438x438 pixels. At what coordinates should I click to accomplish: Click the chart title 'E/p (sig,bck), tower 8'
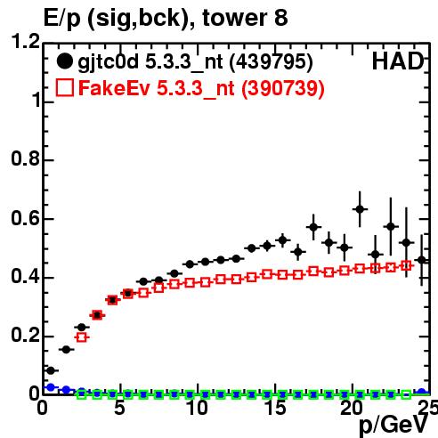click(166, 19)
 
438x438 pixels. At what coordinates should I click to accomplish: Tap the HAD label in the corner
click(398, 61)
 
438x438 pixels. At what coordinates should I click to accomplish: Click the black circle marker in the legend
click(64, 61)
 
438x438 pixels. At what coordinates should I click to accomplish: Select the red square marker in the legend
click(64, 88)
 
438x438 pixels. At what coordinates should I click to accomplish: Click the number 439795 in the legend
click(272, 62)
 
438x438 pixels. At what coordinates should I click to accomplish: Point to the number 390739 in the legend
click(283, 88)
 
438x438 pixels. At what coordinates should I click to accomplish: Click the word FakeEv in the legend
click(114, 88)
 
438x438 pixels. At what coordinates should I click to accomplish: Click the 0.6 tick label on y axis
click(25, 218)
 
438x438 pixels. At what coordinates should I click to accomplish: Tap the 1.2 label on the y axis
click(25, 41)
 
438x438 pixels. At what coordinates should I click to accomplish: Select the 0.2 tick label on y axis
click(25, 336)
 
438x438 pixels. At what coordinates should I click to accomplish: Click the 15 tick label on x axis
click(276, 408)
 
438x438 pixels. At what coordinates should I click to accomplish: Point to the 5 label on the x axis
click(119, 408)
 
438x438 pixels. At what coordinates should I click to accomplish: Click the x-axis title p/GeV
click(393, 426)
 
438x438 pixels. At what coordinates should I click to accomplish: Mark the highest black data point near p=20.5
click(360, 209)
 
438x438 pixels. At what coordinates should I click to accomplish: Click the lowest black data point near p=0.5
click(51, 370)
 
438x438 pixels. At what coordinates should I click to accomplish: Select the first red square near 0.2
click(82, 337)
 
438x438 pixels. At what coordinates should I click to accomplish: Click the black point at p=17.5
click(313, 227)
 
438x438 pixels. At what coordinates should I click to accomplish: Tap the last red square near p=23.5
click(406, 266)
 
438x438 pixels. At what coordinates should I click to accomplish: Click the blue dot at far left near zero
click(51, 387)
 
